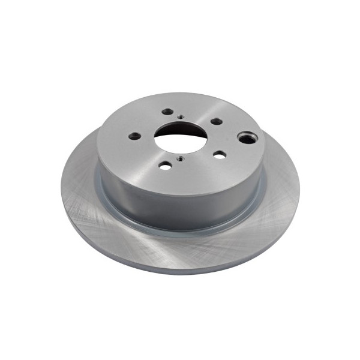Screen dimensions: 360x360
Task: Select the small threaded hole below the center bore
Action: click(179, 158)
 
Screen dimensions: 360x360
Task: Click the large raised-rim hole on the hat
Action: click(246, 139)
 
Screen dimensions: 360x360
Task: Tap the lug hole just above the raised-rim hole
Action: click(216, 121)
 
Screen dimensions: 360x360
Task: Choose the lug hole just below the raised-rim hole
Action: click(220, 155)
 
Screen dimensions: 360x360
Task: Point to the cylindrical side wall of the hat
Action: click(180, 207)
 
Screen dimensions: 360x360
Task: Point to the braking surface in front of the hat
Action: click(180, 249)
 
